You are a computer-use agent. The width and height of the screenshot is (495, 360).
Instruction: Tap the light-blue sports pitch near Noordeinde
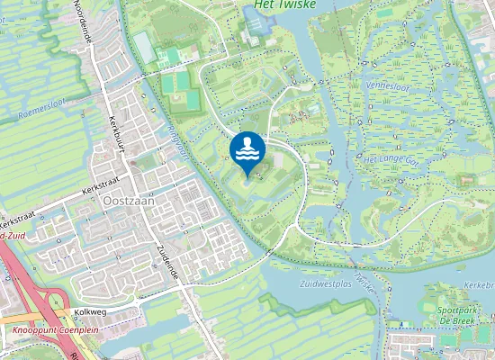(x=144, y=43)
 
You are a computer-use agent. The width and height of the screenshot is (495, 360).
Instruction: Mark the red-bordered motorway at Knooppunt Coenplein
(x=18, y=270)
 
